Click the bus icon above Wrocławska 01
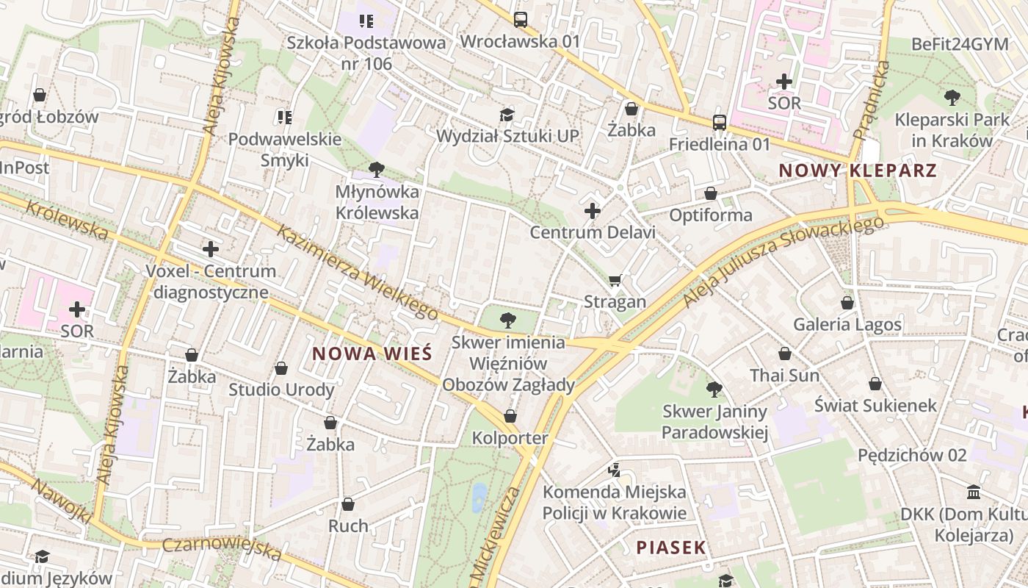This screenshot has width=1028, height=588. click(x=521, y=20)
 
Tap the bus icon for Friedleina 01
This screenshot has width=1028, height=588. click(x=720, y=123)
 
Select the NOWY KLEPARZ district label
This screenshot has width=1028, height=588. click(x=857, y=171)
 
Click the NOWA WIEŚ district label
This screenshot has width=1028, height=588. click(x=372, y=354)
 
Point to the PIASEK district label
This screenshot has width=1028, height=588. click(x=670, y=548)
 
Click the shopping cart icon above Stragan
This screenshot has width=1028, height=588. click(x=615, y=280)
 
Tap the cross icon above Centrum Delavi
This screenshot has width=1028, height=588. click(x=593, y=212)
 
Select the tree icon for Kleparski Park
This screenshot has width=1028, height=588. click(x=952, y=97)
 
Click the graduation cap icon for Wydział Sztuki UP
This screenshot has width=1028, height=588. click(x=507, y=115)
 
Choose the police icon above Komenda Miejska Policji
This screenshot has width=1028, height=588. click(x=614, y=470)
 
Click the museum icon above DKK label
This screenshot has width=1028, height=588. click(x=974, y=492)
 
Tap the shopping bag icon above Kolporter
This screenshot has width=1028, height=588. click(x=510, y=417)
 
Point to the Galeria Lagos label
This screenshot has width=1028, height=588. click(x=847, y=324)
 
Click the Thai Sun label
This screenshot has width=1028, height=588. click(x=784, y=376)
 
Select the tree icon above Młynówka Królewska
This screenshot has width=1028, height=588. click(x=377, y=171)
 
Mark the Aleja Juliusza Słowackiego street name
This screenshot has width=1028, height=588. click(x=782, y=261)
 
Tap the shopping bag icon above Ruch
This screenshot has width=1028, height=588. click(x=348, y=504)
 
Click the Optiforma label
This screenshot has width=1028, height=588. click(x=710, y=215)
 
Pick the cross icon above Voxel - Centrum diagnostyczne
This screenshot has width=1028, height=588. click(x=211, y=249)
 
